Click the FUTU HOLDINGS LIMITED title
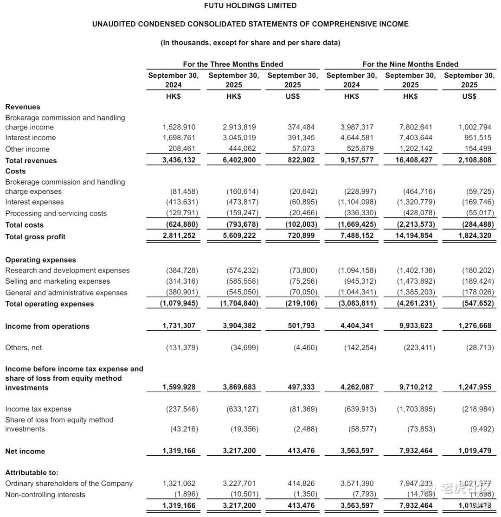[x=250, y=6]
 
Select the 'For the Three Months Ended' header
[x=233, y=64]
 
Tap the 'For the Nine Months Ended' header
[x=410, y=64]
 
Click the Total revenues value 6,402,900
[x=239, y=160]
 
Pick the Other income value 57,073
[x=301, y=149]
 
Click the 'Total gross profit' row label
[x=35, y=236]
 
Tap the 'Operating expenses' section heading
[x=40, y=260]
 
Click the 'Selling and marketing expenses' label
[x=58, y=281]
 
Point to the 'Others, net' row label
[x=23, y=347]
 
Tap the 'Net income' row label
[x=25, y=451]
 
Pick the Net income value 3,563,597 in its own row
[x=357, y=451]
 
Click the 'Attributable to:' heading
[x=32, y=472]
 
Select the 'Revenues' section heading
[x=23, y=107]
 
